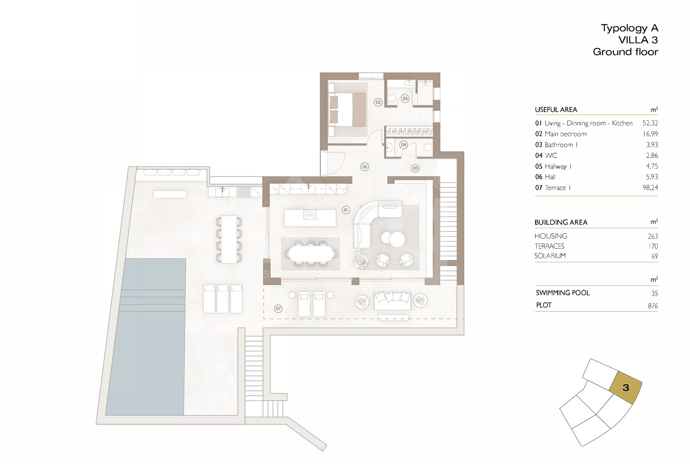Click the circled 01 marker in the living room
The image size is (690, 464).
(346, 210)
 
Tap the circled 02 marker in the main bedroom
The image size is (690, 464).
(378, 102)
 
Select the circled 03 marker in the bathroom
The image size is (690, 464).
(405, 99)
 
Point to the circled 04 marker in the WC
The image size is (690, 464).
(403, 144)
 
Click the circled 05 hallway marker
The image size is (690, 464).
(415, 168)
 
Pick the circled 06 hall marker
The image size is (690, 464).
(364, 167)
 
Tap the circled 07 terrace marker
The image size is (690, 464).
(278, 309)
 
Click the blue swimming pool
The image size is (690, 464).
(145, 336)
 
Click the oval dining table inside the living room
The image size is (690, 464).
(311, 254)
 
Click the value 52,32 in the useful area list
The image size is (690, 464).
(650, 123)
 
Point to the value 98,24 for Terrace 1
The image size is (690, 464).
(650, 188)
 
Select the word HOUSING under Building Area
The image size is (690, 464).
(551, 236)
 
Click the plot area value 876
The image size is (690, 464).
(653, 306)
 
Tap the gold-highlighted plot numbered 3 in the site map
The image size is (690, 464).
(625, 388)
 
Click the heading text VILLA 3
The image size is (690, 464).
(638, 40)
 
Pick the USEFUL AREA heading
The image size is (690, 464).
(556, 110)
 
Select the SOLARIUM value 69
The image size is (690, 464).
(655, 256)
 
